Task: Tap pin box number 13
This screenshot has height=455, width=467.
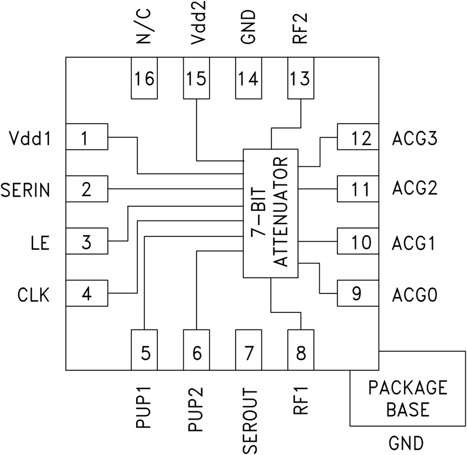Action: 300,78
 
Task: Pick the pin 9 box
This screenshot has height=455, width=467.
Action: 357,294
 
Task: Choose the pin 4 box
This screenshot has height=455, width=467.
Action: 86,294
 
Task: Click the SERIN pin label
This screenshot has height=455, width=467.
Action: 25,190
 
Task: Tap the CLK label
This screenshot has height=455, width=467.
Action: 33,294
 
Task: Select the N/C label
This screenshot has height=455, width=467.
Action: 144,29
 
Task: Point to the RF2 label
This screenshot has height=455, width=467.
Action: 300,29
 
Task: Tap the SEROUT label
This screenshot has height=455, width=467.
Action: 249,419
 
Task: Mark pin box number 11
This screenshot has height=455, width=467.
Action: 357,190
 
